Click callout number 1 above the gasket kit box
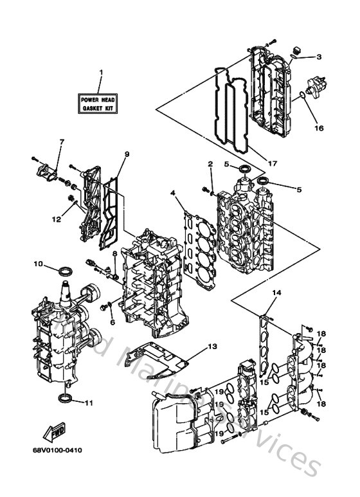click(x=100, y=71)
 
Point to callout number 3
click(x=318, y=57)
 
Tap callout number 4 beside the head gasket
click(x=172, y=193)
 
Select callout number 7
click(x=62, y=142)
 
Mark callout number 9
click(x=127, y=154)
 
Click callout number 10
click(x=37, y=264)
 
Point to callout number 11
click(x=88, y=403)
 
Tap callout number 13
click(x=212, y=347)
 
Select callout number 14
click(x=276, y=293)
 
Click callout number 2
click(x=210, y=165)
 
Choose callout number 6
click(x=112, y=321)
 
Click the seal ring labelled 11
click(x=65, y=401)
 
